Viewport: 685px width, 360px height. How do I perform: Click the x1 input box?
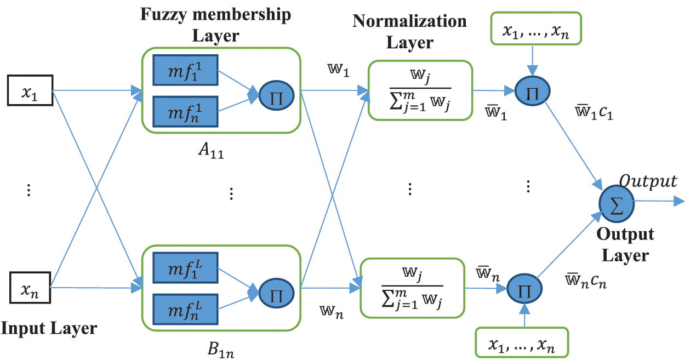30,90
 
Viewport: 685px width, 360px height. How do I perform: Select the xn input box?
30,288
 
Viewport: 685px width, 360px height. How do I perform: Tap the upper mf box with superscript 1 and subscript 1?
185,70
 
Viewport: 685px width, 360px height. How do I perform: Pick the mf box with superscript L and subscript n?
185,309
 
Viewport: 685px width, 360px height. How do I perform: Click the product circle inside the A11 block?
276,95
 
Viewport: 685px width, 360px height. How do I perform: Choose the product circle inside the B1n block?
276,293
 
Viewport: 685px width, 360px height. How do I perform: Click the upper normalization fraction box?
420,90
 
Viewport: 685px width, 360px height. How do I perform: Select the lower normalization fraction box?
413,288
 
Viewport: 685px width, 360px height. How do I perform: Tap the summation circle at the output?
616,204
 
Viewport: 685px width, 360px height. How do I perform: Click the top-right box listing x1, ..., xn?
536,28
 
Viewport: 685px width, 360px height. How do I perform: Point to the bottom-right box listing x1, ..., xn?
522,342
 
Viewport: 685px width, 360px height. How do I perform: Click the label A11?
211,151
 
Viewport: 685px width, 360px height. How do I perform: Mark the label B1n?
221,350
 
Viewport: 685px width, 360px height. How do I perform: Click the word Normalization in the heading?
409,21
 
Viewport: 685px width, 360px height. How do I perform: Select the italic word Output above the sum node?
648,181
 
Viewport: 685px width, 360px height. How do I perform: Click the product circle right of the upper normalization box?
533,91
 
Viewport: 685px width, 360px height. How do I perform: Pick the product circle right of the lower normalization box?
524,288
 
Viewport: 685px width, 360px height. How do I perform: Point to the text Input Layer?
49,329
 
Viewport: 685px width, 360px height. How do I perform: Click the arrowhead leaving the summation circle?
679,201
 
